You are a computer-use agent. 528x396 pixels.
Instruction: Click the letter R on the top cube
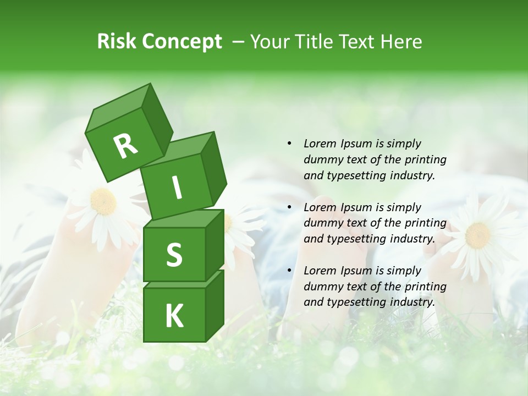125,146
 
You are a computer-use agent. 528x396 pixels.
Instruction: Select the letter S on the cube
174,255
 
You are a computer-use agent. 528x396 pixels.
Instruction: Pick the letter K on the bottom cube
174,316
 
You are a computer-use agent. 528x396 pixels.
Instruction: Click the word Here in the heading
403,42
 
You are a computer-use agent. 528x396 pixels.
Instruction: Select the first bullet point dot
289,144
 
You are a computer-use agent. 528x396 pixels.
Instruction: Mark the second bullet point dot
289,207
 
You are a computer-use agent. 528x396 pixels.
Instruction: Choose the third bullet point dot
289,271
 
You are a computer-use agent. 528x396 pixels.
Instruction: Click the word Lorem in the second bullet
320,207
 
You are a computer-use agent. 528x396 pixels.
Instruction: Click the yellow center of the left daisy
103,201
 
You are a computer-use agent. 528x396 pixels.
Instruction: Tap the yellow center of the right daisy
477,235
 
